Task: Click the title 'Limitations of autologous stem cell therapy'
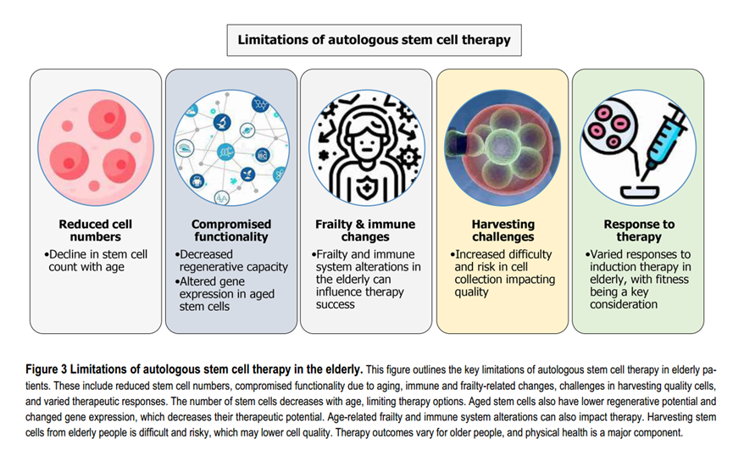tap(374, 40)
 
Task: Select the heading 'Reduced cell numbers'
tap(96, 231)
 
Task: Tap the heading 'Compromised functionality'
tap(231, 231)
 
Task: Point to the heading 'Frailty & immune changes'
tap(365, 231)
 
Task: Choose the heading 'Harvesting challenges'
tap(503, 231)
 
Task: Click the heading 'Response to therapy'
tap(639, 231)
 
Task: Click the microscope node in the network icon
tap(223, 122)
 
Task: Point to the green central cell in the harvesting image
tap(502, 145)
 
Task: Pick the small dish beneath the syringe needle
tap(640, 192)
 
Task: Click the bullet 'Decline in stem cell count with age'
tap(97, 260)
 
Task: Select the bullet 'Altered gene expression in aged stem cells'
tap(225, 294)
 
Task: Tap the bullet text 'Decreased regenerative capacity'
tap(231, 260)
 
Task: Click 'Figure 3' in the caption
tap(47, 369)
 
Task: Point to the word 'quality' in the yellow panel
tap(471, 292)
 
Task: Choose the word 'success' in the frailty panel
tap(336, 304)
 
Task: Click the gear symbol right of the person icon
tap(408, 158)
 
